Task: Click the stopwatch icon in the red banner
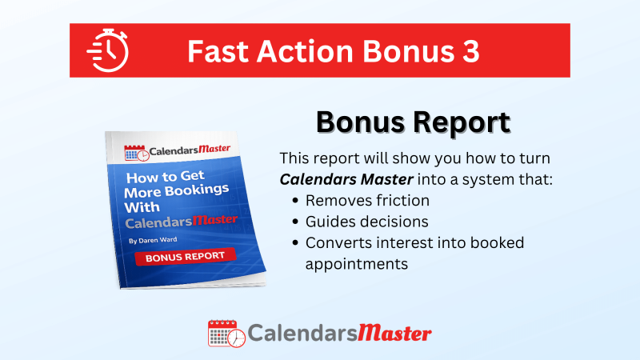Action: [x=107, y=50]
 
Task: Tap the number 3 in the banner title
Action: [x=470, y=51]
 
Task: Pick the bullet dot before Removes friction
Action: [x=296, y=201]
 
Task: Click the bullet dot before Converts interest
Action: [x=296, y=242]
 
